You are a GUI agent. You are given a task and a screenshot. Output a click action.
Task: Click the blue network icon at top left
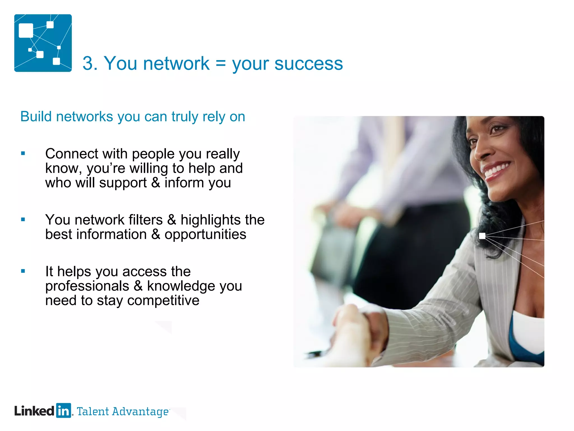point(43,43)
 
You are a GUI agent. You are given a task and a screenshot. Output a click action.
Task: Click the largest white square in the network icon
point(26,31)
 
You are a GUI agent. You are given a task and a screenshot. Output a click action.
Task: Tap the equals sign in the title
point(221,63)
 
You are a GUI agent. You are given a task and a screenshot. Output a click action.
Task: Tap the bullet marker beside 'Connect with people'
point(23,153)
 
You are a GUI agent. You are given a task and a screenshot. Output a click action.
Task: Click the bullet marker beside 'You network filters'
point(23,220)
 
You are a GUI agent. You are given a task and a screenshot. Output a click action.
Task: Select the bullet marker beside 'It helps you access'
point(23,271)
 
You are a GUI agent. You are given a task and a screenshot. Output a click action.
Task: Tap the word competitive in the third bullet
point(163,301)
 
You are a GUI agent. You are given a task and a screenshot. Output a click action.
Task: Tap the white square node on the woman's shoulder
point(482,236)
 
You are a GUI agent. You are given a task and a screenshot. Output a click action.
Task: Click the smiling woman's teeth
point(497,169)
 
